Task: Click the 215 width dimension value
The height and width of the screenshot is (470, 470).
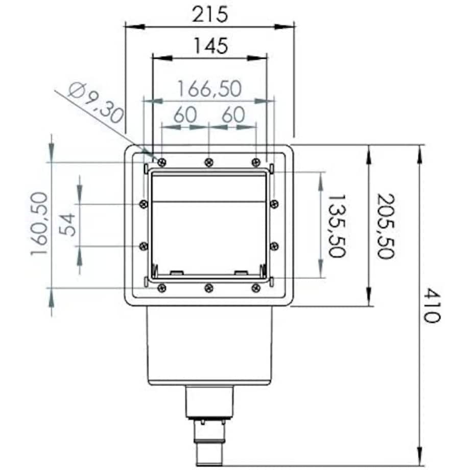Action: (x=210, y=14)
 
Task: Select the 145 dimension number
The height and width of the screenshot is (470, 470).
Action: (x=210, y=46)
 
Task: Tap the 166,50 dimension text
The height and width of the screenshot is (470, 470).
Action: (x=209, y=89)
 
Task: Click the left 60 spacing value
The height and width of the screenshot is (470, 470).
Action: (x=185, y=115)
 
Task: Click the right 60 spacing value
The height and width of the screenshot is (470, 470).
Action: (x=233, y=115)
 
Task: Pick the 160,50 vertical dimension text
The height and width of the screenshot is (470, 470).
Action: (x=39, y=224)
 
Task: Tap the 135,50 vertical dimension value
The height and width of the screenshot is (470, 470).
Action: (x=337, y=226)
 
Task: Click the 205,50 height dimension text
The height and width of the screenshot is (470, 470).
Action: (x=386, y=226)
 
